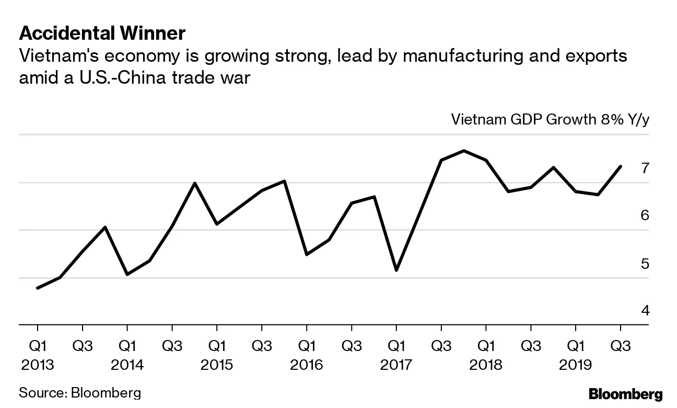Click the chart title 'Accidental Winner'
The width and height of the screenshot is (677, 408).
pyautogui.click(x=102, y=34)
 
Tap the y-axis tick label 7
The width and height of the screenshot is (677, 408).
pyautogui.click(x=645, y=168)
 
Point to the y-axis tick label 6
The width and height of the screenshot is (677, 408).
pyautogui.click(x=645, y=216)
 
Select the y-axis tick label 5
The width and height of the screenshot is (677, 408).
pyautogui.click(x=645, y=263)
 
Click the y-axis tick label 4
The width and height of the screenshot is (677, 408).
pyautogui.click(x=645, y=311)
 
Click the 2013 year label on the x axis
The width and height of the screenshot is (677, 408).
pyautogui.click(x=38, y=364)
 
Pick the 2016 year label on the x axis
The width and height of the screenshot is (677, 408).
pyautogui.click(x=307, y=364)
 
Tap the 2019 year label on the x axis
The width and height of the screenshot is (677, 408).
pyautogui.click(x=576, y=364)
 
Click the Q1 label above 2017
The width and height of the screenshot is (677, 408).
pyautogui.click(x=396, y=346)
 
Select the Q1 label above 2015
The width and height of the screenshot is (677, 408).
pyautogui.click(x=217, y=346)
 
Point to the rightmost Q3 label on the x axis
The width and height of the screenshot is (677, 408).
pyautogui.click(x=621, y=346)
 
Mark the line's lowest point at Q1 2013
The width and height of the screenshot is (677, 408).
pyautogui.click(x=38, y=288)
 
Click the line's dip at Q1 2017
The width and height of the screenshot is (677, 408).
pyautogui.click(x=396, y=270)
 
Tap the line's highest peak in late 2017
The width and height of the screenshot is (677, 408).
pyautogui.click(x=464, y=151)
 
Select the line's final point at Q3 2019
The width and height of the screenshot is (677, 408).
pyautogui.click(x=621, y=166)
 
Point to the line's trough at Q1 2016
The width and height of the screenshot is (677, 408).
pyautogui.click(x=307, y=254)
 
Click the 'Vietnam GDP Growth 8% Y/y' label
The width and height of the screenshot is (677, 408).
pyautogui.click(x=550, y=120)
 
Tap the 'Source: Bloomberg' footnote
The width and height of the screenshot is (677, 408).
pyautogui.click(x=80, y=393)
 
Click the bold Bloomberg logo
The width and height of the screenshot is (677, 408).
pyautogui.click(x=625, y=394)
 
